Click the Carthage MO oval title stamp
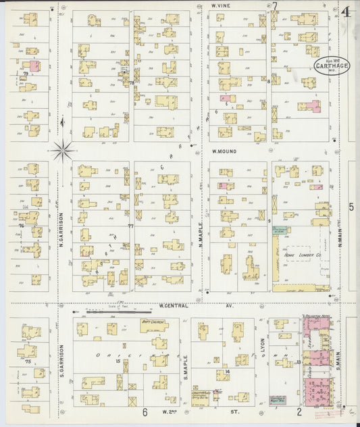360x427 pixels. (x=331, y=66)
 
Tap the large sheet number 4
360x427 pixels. (x=346, y=11)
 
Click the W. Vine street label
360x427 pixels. (x=222, y=5)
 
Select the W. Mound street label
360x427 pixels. (x=224, y=151)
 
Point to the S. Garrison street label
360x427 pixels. (x=60, y=359)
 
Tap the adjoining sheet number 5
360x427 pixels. (x=351, y=207)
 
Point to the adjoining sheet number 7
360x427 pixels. (x=275, y=6)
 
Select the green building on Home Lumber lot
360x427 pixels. (x=279, y=230)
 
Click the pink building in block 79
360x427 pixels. (x=33, y=65)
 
